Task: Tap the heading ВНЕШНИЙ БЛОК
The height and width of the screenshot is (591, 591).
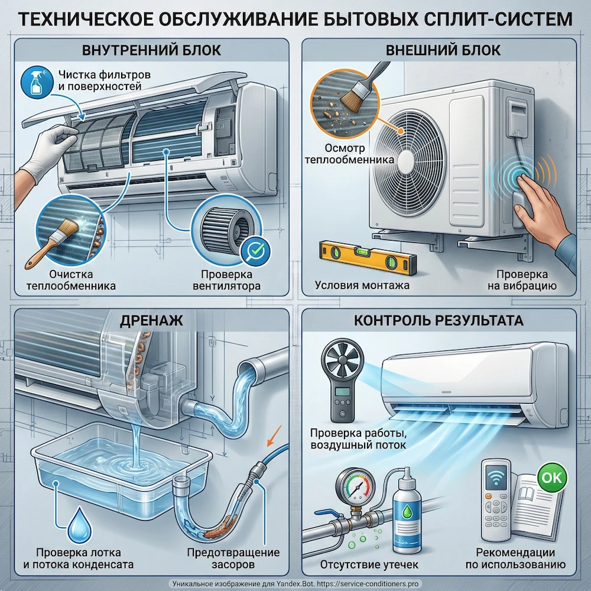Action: pyautogui.click(x=443, y=50)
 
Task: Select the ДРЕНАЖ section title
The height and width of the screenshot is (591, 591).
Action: pyautogui.click(x=152, y=321)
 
